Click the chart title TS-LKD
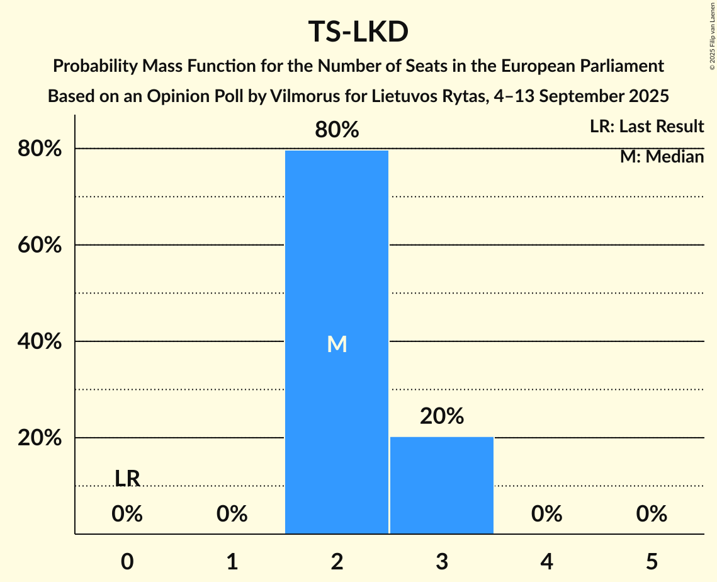(x=358, y=32)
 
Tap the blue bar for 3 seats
(x=442, y=485)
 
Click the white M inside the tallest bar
(x=337, y=344)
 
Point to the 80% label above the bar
(x=337, y=130)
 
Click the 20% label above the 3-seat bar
(x=442, y=416)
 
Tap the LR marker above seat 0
(x=127, y=479)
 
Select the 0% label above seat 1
(x=232, y=515)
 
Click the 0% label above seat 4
(x=546, y=515)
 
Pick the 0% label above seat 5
(x=651, y=515)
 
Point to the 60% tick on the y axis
(x=38, y=245)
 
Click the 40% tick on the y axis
(x=38, y=341)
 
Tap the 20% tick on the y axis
(x=38, y=438)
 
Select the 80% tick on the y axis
(x=38, y=149)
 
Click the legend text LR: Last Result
(x=646, y=127)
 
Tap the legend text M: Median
(x=662, y=157)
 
